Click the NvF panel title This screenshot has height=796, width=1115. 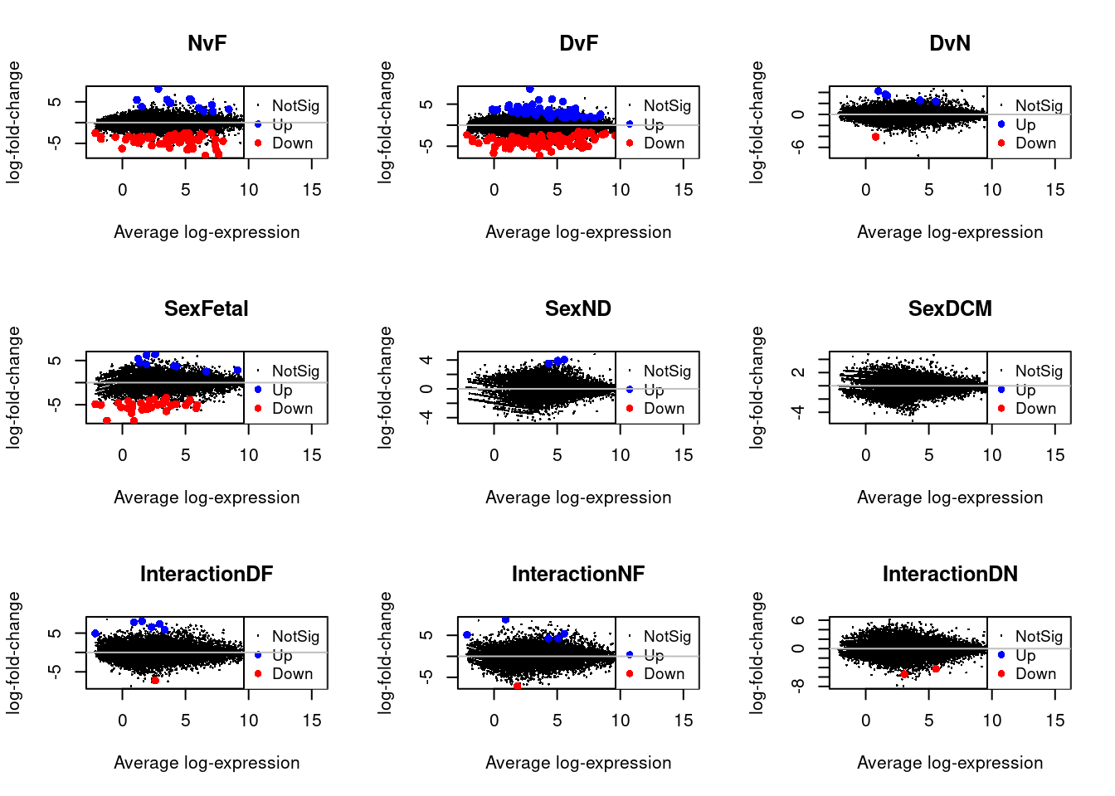(x=207, y=43)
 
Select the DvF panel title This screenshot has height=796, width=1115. (x=578, y=43)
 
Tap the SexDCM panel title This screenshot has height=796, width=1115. (x=950, y=308)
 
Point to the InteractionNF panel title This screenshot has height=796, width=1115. (x=578, y=574)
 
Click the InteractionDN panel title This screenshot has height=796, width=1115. (x=950, y=574)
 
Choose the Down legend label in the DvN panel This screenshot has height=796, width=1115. (x=1035, y=143)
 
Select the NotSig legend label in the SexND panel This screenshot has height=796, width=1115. (x=667, y=371)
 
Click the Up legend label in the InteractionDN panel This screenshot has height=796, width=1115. (x=1025, y=655)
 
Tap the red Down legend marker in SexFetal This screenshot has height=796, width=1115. (x=258, y=409)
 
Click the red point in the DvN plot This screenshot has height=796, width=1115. (x=875, y=137)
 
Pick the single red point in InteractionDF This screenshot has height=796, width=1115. (x=155, y=680)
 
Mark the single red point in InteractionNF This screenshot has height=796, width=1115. (x=517, y=687)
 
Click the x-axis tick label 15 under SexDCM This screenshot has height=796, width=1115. (x=1054, y=455)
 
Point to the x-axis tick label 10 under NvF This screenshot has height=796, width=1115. (x=248, y=190)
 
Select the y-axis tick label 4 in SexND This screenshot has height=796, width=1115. (x=426, y=360)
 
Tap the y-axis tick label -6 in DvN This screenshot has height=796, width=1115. (x=797, y=146)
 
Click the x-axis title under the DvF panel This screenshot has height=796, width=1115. (x=578, y=232)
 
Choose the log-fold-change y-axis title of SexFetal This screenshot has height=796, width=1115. (x=13, y=387)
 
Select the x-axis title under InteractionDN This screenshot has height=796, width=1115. (x=950, y=763)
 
